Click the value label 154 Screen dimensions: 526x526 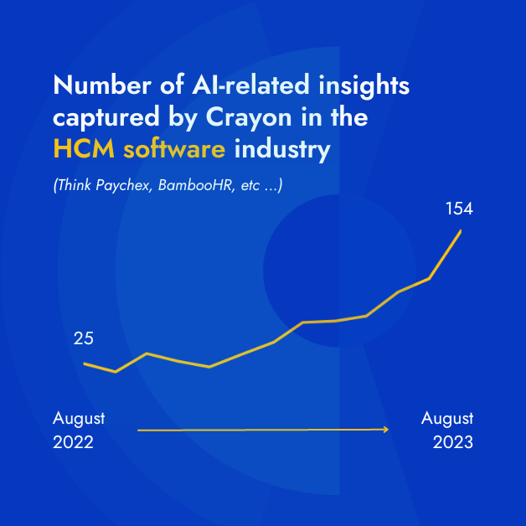point(458,208)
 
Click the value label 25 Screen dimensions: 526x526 point(84,338)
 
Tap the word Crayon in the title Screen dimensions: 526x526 point(245,117)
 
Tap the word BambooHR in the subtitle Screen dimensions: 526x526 point(186,185)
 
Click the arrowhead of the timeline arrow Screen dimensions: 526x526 point(386,429)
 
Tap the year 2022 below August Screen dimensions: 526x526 point(73,441)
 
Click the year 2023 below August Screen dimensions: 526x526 point(452,441)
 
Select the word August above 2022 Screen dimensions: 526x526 point(79,418)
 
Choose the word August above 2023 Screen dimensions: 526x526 point(447,418)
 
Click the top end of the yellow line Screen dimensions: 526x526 point(461,229)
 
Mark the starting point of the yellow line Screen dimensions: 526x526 point(85,364)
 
